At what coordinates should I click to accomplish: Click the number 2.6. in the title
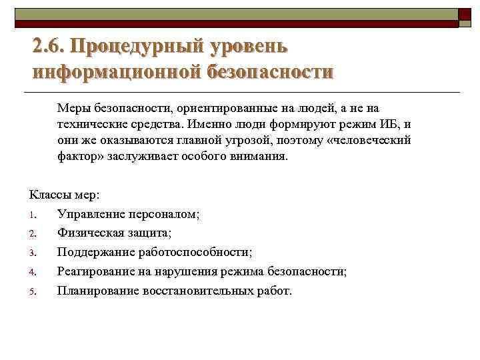pyautogui.click(x=49, y=47)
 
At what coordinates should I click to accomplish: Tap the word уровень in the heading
pyautogui.click(x=249, y=47)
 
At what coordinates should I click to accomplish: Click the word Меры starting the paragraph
pyautogui.click(x=73, y=108)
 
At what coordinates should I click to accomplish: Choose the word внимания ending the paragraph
pyautogui.click(x=259, y=157)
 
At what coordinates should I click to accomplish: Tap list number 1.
pyautogui.click(x=32, y=215)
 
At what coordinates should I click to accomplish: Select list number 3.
pyautogui.click(x=32, y=253)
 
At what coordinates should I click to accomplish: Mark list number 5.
pyautogui.click(x=32, y=292)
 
